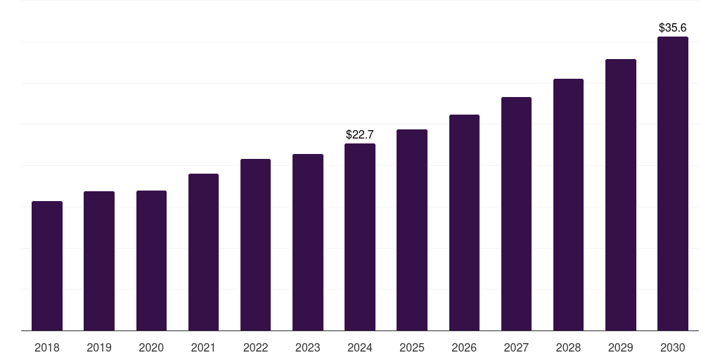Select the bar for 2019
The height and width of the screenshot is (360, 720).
point(99,261)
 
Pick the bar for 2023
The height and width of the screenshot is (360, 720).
point(308,242)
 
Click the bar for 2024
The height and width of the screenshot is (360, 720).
point(360,237)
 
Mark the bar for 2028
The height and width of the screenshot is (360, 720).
point(568,205)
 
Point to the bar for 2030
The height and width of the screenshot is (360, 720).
point(673,184)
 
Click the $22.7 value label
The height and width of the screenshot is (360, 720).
point(360,134)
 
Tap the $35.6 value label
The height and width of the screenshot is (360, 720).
point(673,27)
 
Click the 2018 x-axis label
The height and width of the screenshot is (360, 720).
point(47,347)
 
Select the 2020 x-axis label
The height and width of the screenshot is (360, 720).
point(151,347)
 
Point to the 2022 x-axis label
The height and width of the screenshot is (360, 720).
point(255,347)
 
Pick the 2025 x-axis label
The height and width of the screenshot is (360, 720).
point(412,347)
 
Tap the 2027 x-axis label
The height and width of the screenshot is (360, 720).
point(516,347)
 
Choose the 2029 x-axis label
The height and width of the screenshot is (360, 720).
point(621,347)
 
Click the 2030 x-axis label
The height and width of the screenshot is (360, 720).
point(673,347)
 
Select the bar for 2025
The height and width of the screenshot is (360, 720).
point(412,230)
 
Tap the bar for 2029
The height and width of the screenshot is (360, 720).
point(621,195)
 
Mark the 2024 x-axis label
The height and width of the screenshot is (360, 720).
point(360,347)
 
